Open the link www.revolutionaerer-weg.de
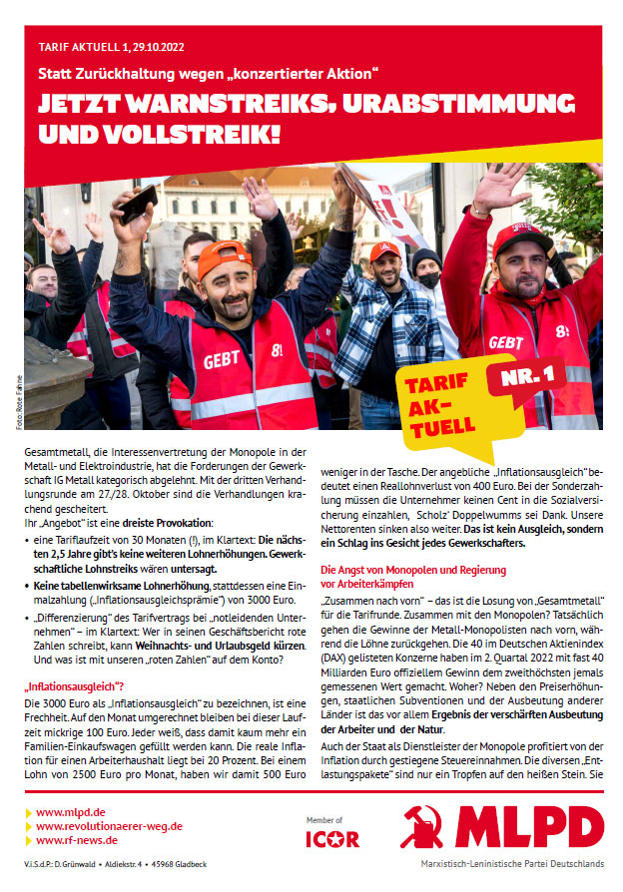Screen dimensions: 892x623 coord(109,826)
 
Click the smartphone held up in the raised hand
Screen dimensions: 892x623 coord(138,203)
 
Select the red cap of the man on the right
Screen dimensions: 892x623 coord(521,236)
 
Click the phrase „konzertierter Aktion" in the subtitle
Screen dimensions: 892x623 coord(314,74)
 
